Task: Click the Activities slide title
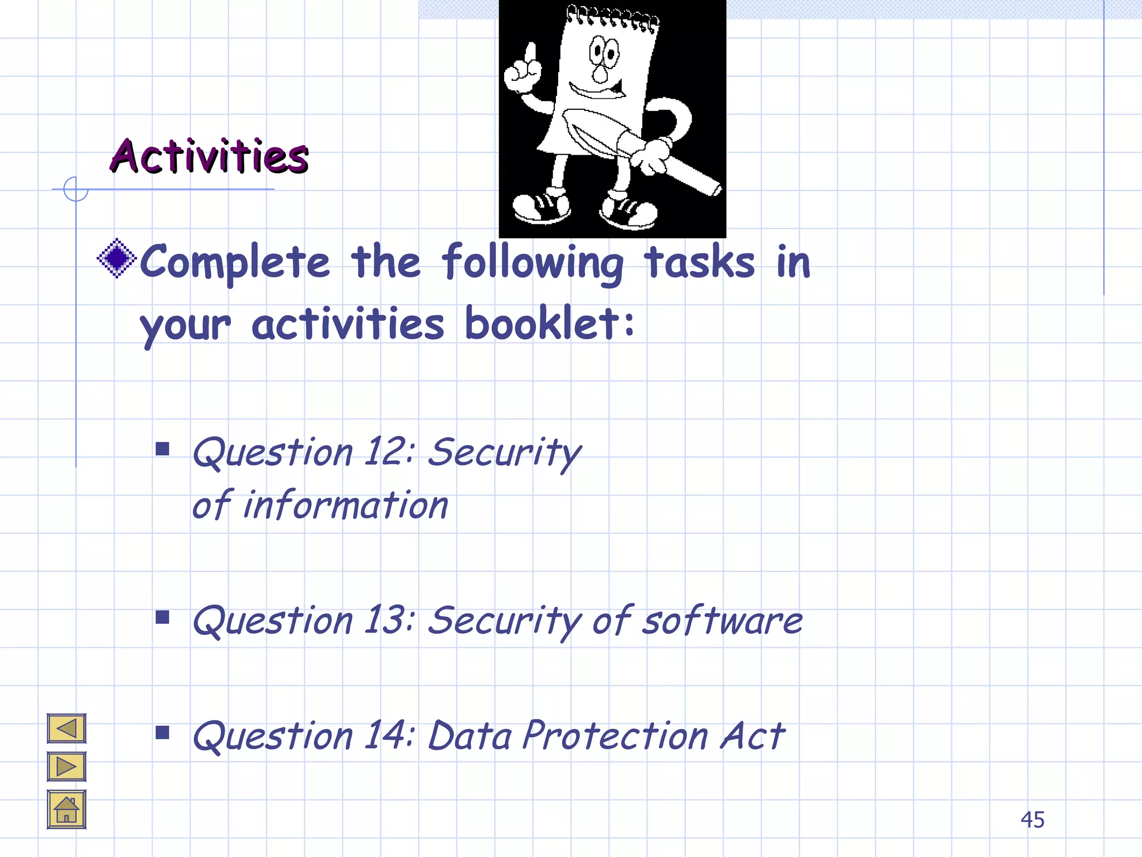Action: coord(209,156)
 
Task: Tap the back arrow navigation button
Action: coord(66,728)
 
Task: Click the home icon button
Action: coord(66,810)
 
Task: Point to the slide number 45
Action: coord(1032,820)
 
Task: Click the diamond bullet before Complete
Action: coord(117,258)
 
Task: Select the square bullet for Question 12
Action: coord(162,449)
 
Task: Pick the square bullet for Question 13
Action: coord(162,617)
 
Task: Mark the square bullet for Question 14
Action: coord(162,733)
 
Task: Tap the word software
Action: coord(722,620)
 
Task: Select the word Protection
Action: coord(615,735)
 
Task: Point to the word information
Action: coord(346,505)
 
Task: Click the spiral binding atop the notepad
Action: coord(612,17)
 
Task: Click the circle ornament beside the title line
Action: coord(75,189)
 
